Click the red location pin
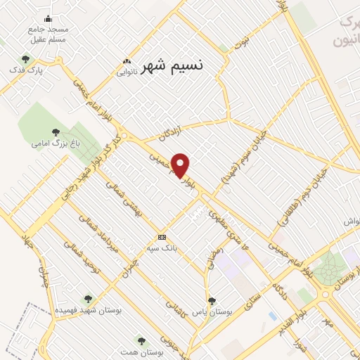[x=181, y=165]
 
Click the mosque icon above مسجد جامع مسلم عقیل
[x=48, y=18]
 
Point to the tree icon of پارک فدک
[x=26, y=60]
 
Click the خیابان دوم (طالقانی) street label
[x=300, y=196]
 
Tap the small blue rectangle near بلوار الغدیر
[x=272, y=316]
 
